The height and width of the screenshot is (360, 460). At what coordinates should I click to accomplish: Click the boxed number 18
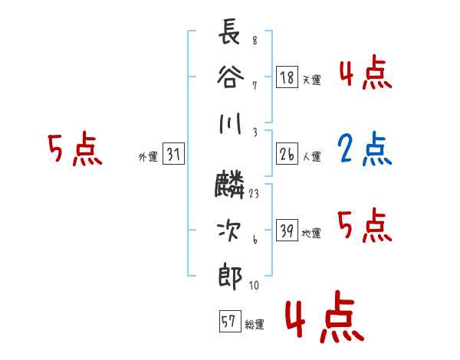point(287,77)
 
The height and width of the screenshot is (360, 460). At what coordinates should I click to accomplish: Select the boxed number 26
point(287,154)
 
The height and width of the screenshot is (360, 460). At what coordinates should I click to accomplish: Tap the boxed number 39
point(287,231)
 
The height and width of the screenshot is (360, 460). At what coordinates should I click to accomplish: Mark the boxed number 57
point(228,322)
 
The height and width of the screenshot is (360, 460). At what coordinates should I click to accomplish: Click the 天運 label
point(311,80)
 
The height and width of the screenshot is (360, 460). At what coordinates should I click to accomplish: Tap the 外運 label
point(147,157)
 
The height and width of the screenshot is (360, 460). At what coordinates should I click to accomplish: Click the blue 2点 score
point(365,150)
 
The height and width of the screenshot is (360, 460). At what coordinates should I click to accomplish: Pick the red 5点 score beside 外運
point(75,150)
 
